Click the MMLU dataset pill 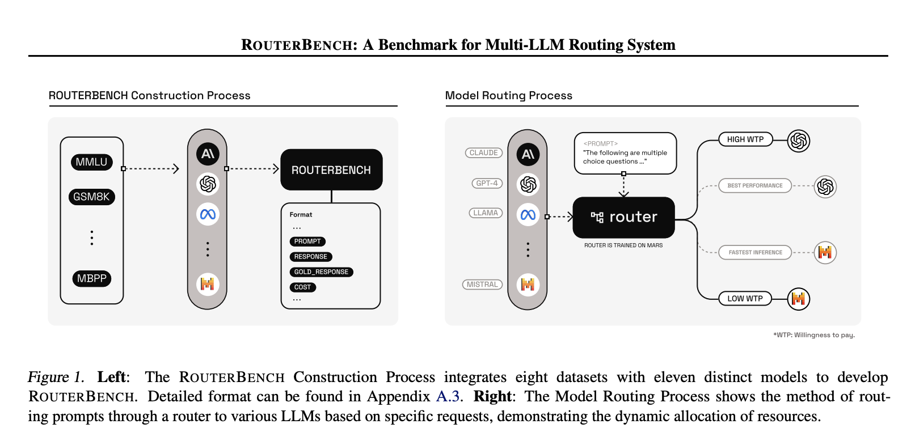(x=91, y=162)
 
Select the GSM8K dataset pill (x=91, y=197)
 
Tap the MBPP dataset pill (x=91, y=278)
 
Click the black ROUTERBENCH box (x=331, y=169)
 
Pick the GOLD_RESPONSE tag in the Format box (x=321, y=272)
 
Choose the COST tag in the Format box (x=302, y=287)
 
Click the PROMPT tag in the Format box (x=307, y=241)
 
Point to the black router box (x=623, y=217)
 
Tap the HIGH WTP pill (x=745, y=139)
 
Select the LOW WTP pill (x=745, y=299)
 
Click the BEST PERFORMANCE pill (x=754, y=185)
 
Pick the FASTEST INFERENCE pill (x=755, y=252)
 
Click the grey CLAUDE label (x=483, y=153)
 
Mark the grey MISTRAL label (x=482, y=285)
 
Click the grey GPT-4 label (x=487, y=183)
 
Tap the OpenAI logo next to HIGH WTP (x=798, y=140)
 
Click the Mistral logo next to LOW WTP (x=798, y=299)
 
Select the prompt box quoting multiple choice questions (x=625, y=153)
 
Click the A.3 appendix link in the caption (x=448, y=396)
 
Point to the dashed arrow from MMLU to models (x=151, y=168)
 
